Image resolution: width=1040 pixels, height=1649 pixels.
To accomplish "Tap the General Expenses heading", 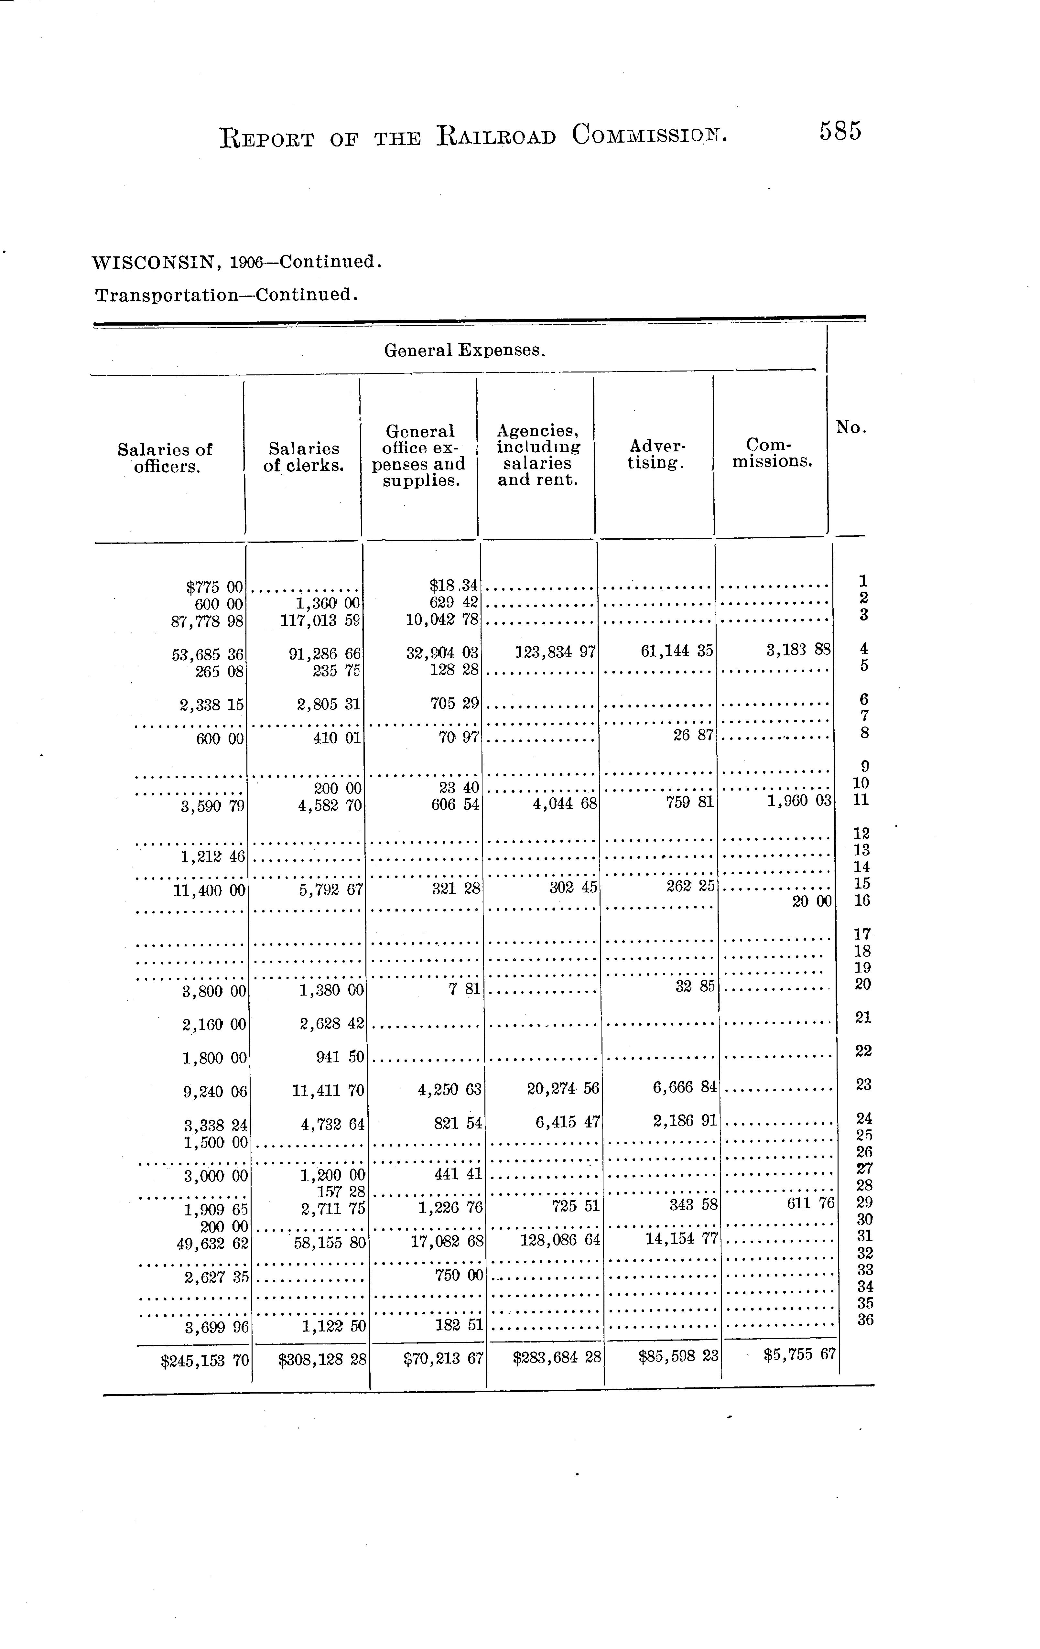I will [464, 350].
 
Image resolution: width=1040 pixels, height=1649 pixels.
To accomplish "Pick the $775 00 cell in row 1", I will [214, 587].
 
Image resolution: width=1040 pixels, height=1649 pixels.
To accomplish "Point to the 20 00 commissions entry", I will [812, 902].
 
